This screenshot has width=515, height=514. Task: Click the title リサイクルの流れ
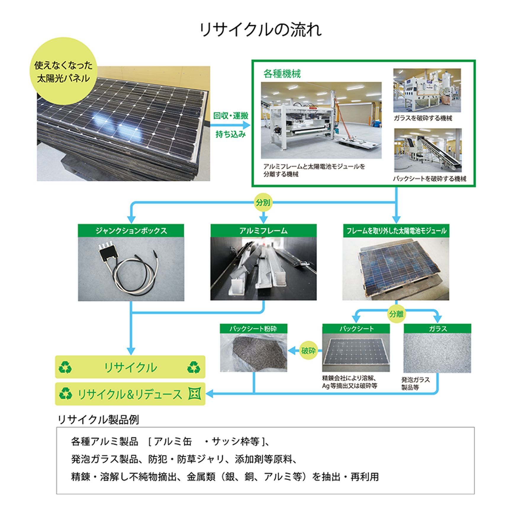click(260, 30)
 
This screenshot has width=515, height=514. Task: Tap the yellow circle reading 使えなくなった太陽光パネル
click(63, 71)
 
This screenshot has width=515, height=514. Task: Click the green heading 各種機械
click(282, 74)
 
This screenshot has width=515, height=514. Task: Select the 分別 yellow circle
click(263, 202)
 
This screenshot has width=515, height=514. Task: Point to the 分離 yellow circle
click(396, 314)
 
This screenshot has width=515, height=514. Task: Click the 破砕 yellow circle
click(308, 350)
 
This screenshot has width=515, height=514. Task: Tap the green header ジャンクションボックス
click(131, 230)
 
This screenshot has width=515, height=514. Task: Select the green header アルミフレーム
click(263, 230)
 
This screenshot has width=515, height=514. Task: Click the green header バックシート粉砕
click(253, 328)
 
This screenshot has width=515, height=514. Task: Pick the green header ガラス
click(437, 329)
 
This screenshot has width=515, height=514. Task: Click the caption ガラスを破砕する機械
click(423, 118)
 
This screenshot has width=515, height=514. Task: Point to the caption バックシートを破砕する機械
click(429, 179)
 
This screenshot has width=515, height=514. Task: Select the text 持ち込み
click(231, 135)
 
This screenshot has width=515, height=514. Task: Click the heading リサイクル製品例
click(98, 419)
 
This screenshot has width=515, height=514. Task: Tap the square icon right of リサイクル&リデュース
click(195, 394)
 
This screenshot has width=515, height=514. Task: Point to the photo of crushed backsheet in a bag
click(254, 353)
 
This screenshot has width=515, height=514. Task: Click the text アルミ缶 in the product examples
click(173, 442)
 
